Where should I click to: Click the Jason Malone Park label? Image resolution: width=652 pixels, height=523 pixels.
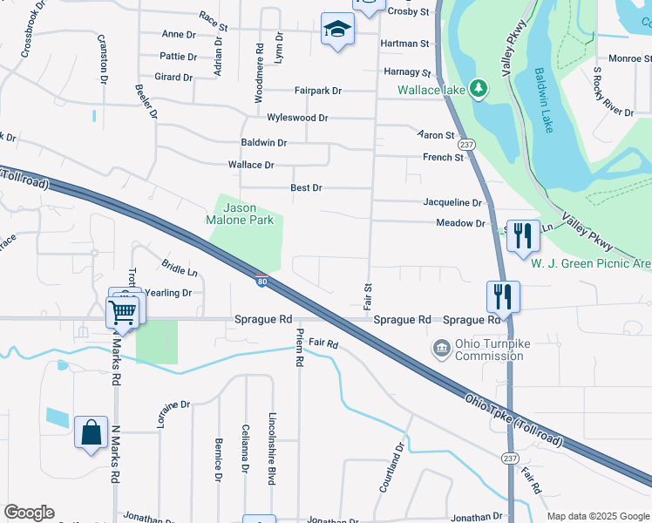(248, 214)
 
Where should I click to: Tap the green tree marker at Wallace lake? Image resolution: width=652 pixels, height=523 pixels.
(478, 89)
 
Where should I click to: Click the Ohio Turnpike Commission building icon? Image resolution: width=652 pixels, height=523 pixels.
(442, 349)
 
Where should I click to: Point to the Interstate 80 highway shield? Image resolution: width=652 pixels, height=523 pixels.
(261, 280)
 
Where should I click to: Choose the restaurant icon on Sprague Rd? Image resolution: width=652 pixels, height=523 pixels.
(504, 296)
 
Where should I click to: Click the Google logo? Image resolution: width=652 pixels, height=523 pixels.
(29, 513)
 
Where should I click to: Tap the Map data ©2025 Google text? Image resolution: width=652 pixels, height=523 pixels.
(597, 516)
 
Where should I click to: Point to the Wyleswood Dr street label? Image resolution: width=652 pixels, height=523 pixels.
(297, 118)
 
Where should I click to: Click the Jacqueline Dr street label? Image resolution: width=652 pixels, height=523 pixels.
(452, 202)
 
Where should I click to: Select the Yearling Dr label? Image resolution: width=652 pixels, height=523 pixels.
(167, 293)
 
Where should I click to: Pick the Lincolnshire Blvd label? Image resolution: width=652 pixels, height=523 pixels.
(272, 448)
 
